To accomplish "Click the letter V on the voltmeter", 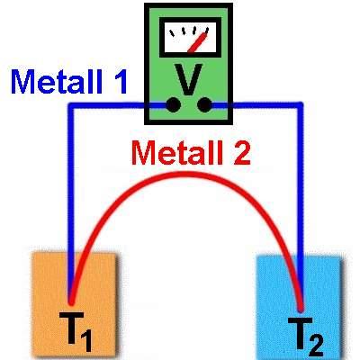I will [187, 78].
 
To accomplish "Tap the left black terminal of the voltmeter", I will [169, 106].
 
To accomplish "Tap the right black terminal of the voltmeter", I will [206, 106].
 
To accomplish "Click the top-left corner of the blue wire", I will [70, 106].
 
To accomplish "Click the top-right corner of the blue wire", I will [301, 106].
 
